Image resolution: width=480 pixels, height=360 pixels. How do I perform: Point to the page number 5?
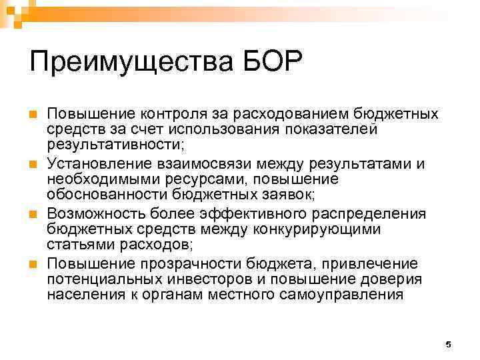click(448, 344)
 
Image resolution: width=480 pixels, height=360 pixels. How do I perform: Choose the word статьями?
click(75, 245)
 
